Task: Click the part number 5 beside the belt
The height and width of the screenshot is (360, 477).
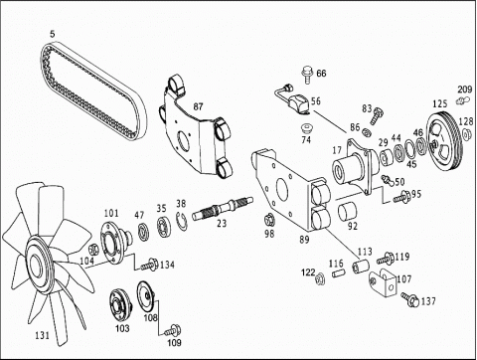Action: (x=53, y=34)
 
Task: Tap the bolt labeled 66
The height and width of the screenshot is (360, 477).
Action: (x=307, y=75)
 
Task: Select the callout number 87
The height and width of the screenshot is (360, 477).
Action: (x=198, y=106)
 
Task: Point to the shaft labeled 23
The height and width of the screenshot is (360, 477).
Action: (x=223, y=208)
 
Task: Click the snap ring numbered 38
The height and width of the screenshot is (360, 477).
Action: (x=182, y=221)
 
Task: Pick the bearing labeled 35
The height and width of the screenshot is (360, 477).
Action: (x=163, y=226)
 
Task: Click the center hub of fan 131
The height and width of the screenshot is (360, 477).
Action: (x=37, y=265)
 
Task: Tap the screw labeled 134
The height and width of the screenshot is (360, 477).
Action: (x=150, y=265)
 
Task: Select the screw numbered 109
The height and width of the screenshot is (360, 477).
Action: (x=173, y=330)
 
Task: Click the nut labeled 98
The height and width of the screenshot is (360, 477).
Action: (x=268, y=220)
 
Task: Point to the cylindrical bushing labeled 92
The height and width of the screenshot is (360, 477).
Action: (x=347, y=212)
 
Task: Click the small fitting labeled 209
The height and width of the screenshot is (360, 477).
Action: (x=463, y=99)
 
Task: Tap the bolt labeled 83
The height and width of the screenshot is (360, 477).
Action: (x=377, y=115)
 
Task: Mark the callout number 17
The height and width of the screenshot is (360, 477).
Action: (x=337, y=150)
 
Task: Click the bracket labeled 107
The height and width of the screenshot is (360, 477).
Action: (x=382, y=282)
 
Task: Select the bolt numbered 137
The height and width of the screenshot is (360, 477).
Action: (x=409, y=299)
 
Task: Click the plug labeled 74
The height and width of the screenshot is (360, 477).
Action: (x=305, y=127)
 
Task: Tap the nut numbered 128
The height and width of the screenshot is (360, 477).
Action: (x=466, y=134)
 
